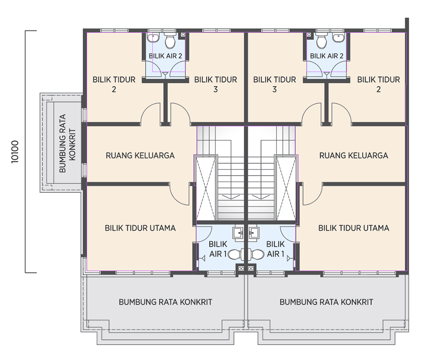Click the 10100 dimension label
coord(15,152)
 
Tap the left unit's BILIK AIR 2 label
coord(165,56)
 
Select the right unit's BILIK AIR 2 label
coord(326,56)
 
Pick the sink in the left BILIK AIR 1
coord(238,233)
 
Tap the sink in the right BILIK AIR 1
coord(254,233)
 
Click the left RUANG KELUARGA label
coord(140,155)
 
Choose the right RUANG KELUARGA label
coord(354,155)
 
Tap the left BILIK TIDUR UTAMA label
coord(140,228)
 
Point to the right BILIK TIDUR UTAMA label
coord(354,228)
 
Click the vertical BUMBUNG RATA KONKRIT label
coord(67,143)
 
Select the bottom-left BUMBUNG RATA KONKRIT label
coord(165,302)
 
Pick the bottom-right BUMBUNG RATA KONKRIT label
coord(326,302)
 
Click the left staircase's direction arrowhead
coord(231,197)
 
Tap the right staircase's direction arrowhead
coord(260,197)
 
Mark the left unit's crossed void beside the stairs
coord(206,188)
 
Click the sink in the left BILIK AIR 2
coord(153,38)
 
